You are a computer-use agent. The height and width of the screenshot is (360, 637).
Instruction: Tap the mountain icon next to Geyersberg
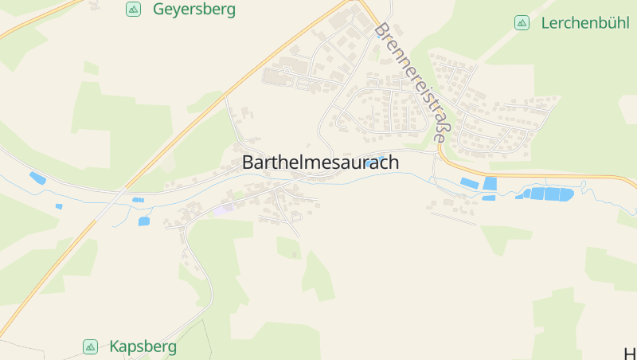(133, 10)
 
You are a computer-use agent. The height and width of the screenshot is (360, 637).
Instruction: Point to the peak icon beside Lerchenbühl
(522, 23)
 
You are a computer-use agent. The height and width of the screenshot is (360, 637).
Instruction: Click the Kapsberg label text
(143, 346)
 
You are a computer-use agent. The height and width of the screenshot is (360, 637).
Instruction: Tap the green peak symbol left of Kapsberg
(90, 346)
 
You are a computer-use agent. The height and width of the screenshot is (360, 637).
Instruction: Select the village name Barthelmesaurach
(320, 162)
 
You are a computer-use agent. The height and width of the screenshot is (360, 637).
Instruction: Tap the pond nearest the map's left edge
(37, 178)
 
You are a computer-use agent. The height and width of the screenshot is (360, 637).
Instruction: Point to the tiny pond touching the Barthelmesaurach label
(372, 162)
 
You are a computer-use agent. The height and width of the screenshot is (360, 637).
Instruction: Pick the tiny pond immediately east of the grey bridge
(138, 199)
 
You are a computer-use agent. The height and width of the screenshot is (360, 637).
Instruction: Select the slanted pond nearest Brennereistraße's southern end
(469, 183)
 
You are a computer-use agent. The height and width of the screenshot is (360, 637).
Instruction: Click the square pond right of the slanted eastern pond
(490, 184)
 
